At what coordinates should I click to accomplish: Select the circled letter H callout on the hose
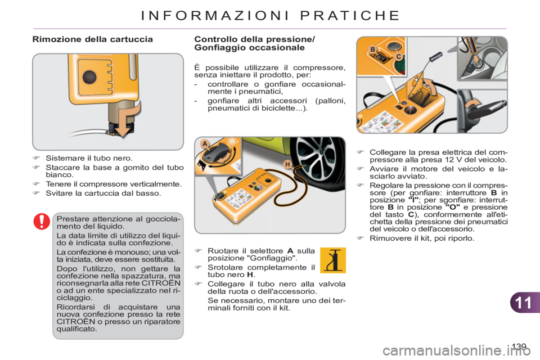[x=287, y=163]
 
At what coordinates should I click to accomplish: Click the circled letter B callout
[x=372, y=50]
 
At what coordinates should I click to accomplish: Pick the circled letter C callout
[x=398, y=56]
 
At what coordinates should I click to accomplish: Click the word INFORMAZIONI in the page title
[x=213, y=15]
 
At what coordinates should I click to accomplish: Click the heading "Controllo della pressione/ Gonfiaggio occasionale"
[x=255, y=43]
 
